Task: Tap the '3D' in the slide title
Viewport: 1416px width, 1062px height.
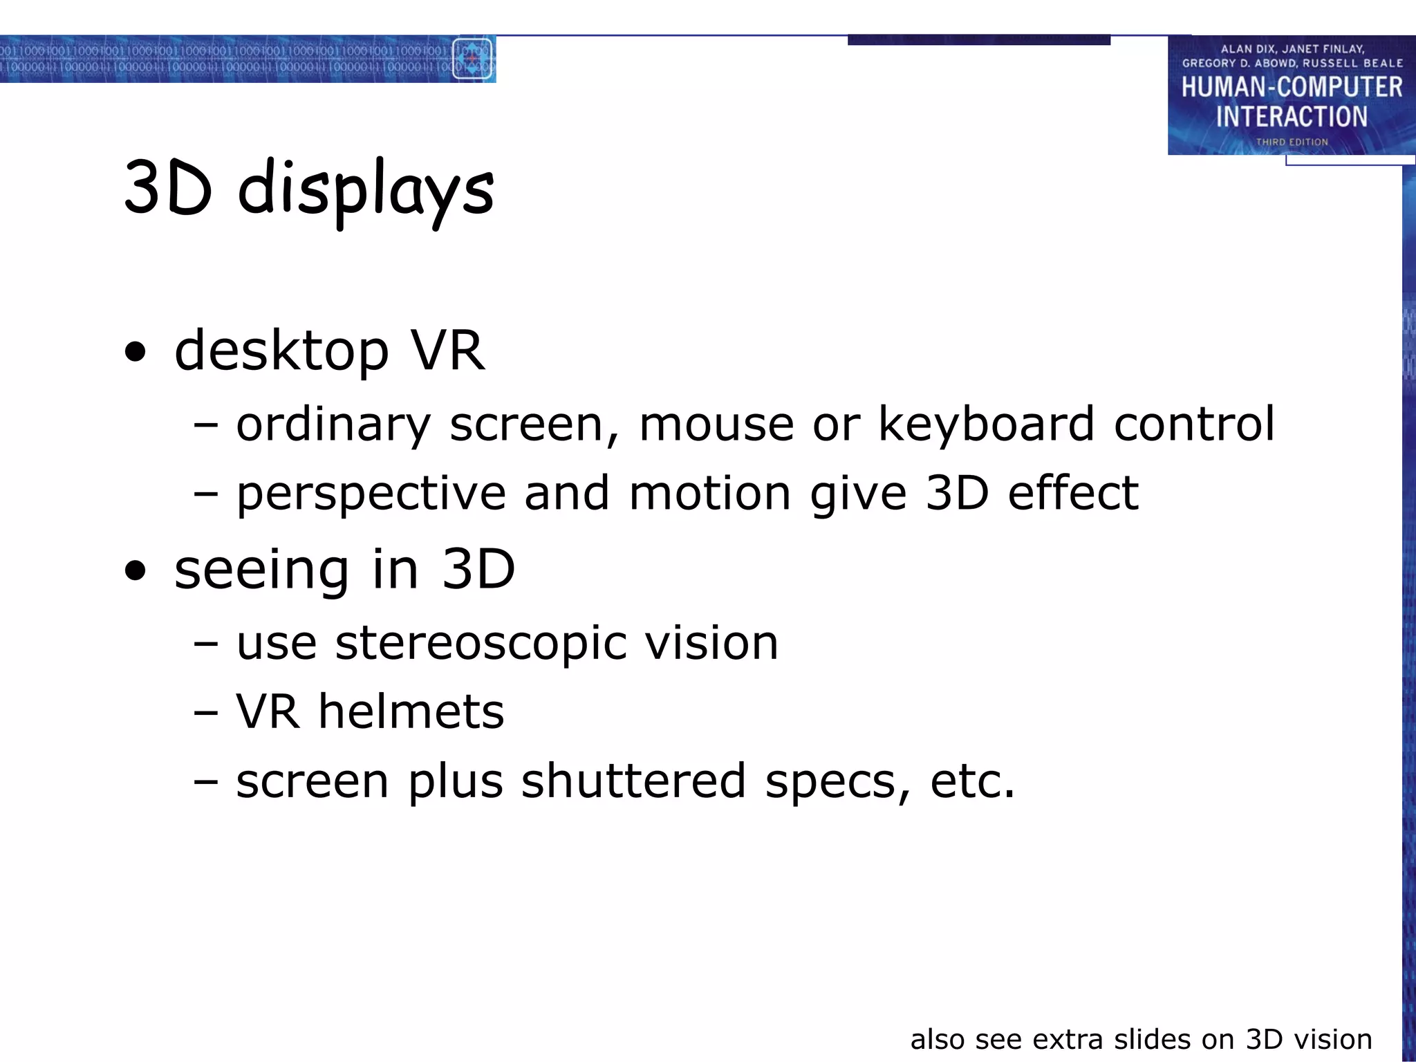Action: [167, 188]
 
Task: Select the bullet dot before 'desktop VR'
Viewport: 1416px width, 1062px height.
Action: [136, 352]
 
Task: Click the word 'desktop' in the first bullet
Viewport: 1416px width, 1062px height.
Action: [281, 351]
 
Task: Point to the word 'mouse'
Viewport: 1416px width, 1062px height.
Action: [716, 424]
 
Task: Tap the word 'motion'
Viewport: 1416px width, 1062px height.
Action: [710, 494]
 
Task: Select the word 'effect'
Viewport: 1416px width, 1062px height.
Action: [1073, 494]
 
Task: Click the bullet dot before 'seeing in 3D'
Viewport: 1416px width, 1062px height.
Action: [136, 571]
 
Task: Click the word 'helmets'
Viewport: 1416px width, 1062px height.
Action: [411, 711]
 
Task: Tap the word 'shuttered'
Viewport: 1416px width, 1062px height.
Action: [633, 781]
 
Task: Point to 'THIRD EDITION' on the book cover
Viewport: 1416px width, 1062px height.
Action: [1292, 142]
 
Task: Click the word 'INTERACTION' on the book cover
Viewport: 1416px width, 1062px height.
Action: [1292, 117]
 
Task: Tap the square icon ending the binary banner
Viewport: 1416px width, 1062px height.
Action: [473, 59]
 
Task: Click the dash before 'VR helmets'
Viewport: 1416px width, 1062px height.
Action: [206, 712]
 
